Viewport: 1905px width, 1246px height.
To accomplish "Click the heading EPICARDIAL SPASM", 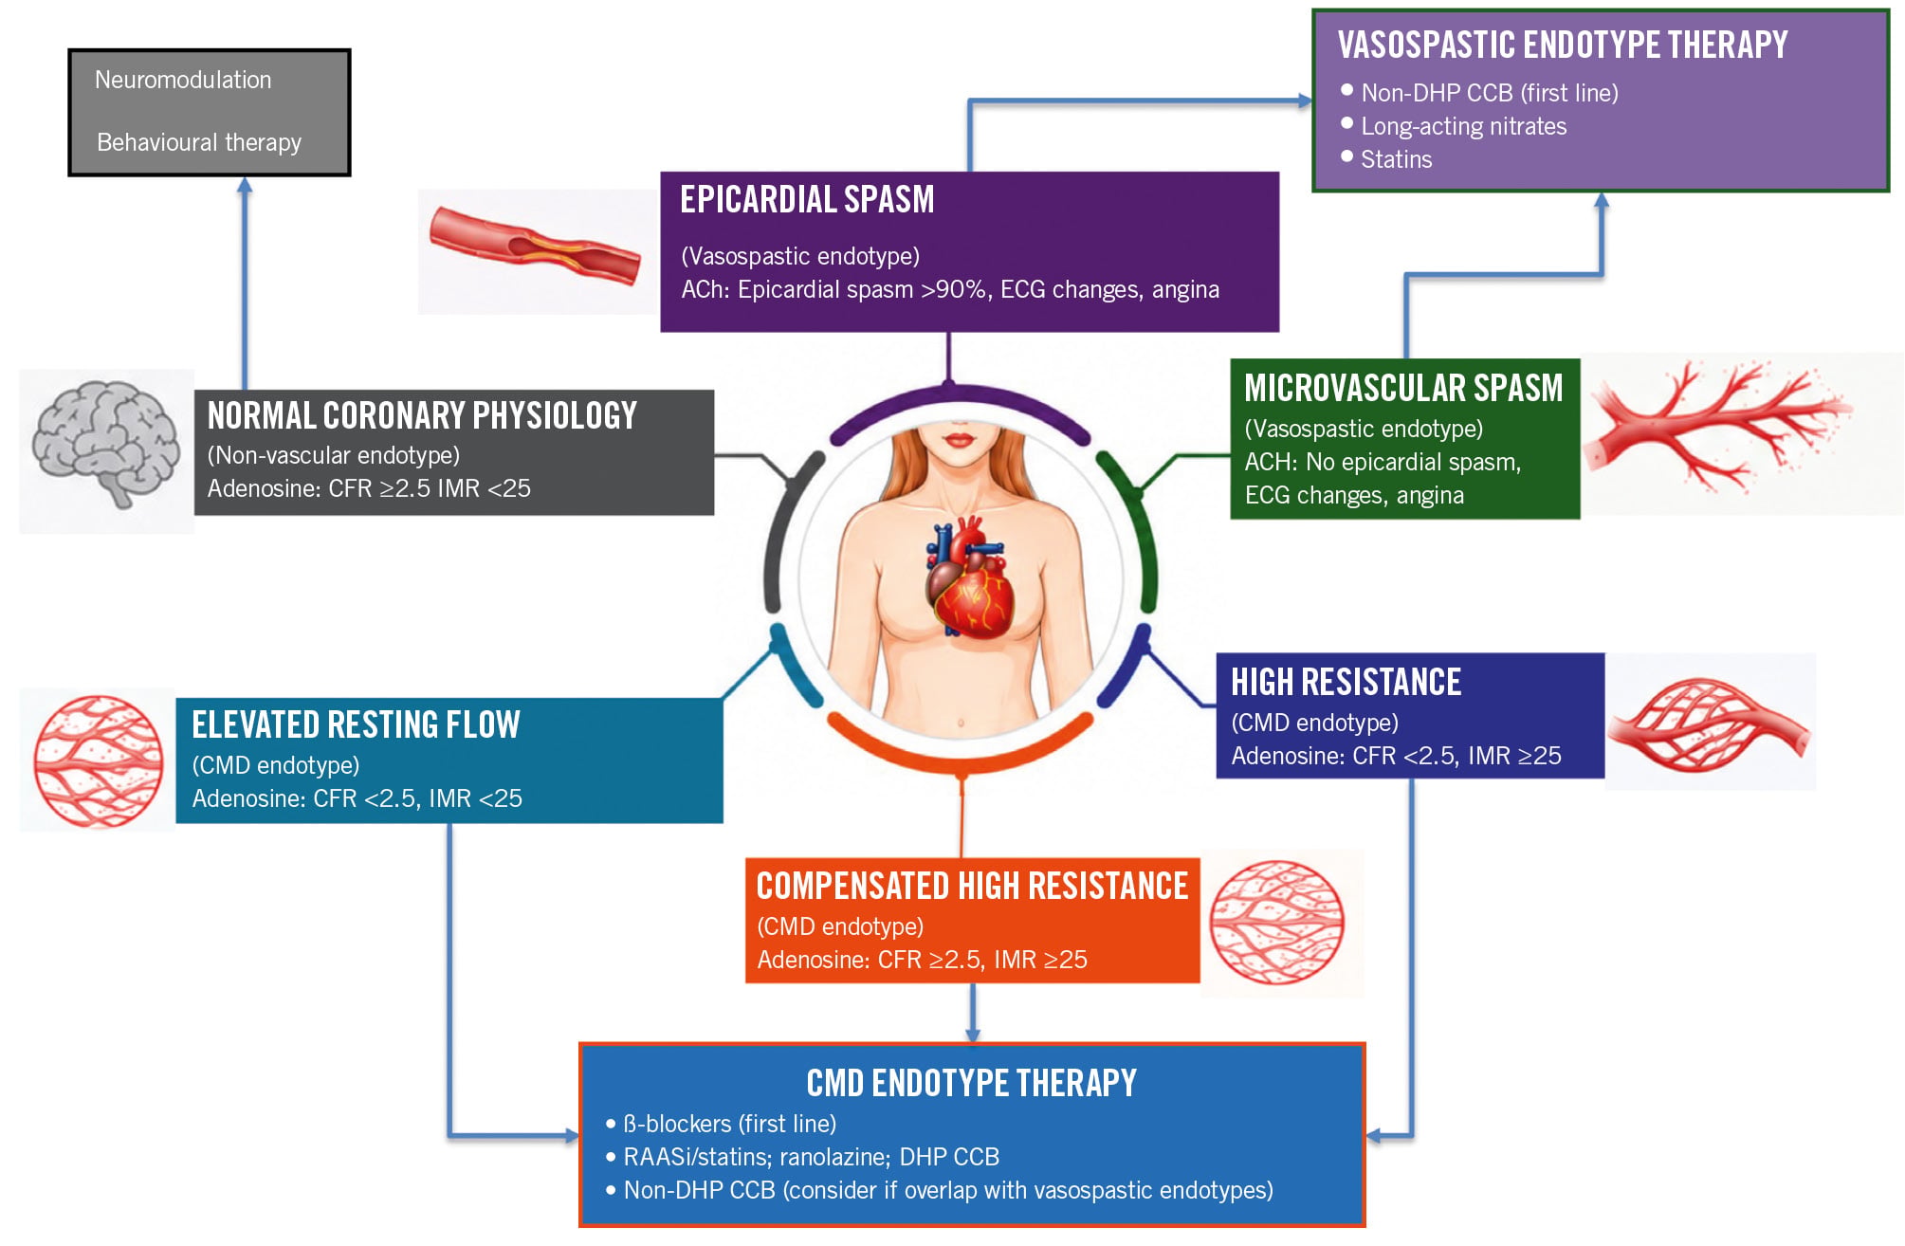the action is point(807,199).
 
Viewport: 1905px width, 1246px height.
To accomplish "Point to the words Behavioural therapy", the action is point(199,142).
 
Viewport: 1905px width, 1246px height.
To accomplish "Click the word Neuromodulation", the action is point(183,80).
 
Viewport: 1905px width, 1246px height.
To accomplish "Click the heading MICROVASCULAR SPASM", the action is point(1403,388).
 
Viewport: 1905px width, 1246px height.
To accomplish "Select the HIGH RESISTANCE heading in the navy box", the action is point(1346,682).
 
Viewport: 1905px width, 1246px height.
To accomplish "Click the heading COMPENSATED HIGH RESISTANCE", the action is point(972,886).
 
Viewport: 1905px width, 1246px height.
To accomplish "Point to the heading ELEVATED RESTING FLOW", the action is point(356,724).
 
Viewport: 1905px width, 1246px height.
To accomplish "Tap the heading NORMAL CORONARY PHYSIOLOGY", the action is point(422,415).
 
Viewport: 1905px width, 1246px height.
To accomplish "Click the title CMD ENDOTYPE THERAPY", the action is point(971,1083).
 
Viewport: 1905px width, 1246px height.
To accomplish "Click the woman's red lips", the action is point(960,440).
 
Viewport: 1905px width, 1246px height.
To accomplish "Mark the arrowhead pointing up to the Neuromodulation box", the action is point(245,186).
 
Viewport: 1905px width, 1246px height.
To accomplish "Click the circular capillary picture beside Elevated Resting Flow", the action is point(98,761).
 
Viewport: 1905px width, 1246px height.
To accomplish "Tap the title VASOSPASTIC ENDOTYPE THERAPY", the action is point(1563,45).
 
